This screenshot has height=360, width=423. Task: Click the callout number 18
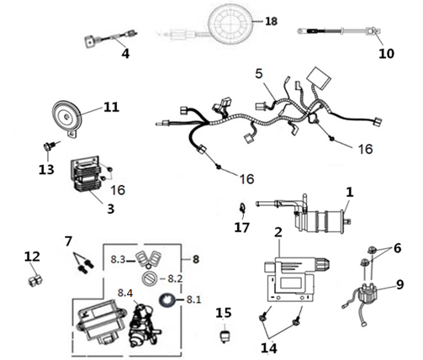coord(271,21)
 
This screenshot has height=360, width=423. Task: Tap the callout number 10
coord(386,53)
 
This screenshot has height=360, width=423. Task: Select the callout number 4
coord(125,53)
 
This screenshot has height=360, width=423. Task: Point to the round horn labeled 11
coord(67,117)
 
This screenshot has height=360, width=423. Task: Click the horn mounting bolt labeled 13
coord(48,146)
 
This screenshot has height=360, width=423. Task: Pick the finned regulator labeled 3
coord(86,177)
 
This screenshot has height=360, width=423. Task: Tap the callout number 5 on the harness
coord(259,73)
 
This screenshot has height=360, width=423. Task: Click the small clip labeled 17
coord(242,209)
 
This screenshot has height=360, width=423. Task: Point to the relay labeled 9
coord(367,294)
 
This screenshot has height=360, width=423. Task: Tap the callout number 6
coord(397,248)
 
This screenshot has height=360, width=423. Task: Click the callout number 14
coord(269,348)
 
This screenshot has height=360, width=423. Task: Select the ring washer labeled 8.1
coord(167,300)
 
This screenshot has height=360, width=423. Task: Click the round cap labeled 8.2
coord(150,278)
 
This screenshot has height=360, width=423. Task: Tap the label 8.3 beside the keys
coord(118,259)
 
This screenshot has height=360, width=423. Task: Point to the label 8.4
coord(125,293)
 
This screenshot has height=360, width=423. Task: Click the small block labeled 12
coord(35,280)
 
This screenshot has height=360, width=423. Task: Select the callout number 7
coord(68,241)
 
